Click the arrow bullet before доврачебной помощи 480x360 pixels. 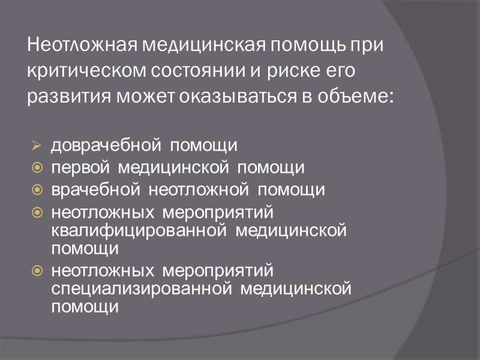pyautogui.click(x=37, y=146)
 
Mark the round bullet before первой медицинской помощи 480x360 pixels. pyautogui.click(x=37, y=168)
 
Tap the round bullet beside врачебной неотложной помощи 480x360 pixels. pyautogui.click(x=37, y=190)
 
